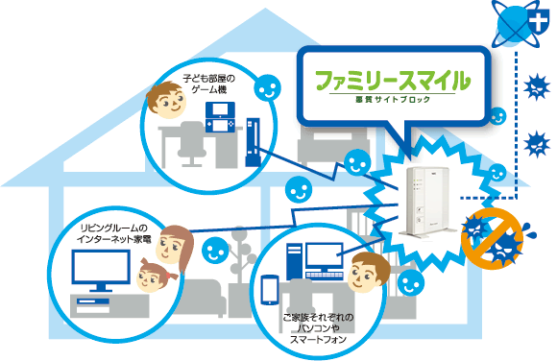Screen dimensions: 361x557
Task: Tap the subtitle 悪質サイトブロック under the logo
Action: tap(394, 99)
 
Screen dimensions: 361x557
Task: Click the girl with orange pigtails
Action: tap(153, 276)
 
